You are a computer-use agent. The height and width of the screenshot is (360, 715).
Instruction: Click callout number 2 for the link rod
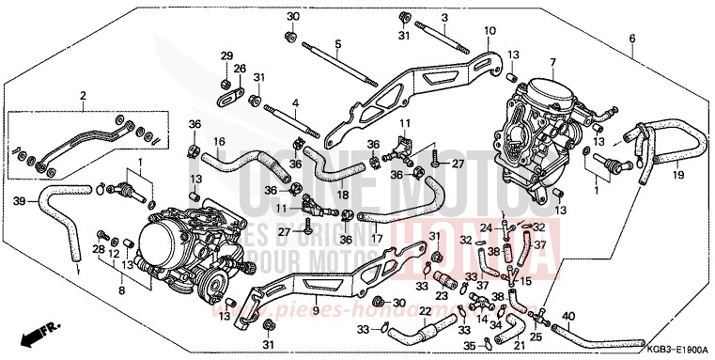83,96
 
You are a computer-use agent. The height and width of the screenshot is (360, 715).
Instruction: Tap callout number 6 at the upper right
631,39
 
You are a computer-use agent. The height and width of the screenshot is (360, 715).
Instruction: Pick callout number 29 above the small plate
225,57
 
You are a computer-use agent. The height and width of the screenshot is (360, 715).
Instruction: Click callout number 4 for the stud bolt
294,102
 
